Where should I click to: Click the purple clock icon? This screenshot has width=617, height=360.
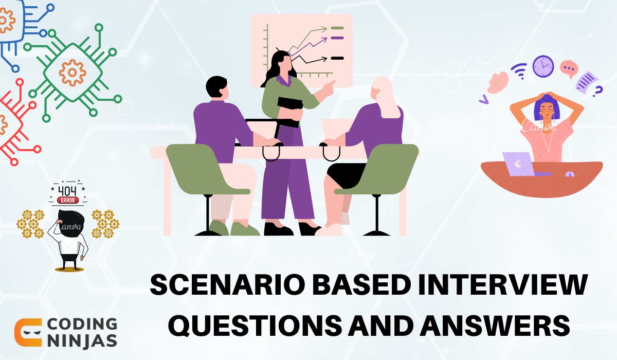[x=542, y=66]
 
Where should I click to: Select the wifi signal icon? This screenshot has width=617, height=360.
[x=518, y=71]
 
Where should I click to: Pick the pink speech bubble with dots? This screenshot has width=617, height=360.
[x=568, y=68]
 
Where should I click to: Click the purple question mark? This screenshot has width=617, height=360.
[x=597, y=92]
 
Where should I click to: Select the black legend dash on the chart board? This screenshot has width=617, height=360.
[x=337, y=59]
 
